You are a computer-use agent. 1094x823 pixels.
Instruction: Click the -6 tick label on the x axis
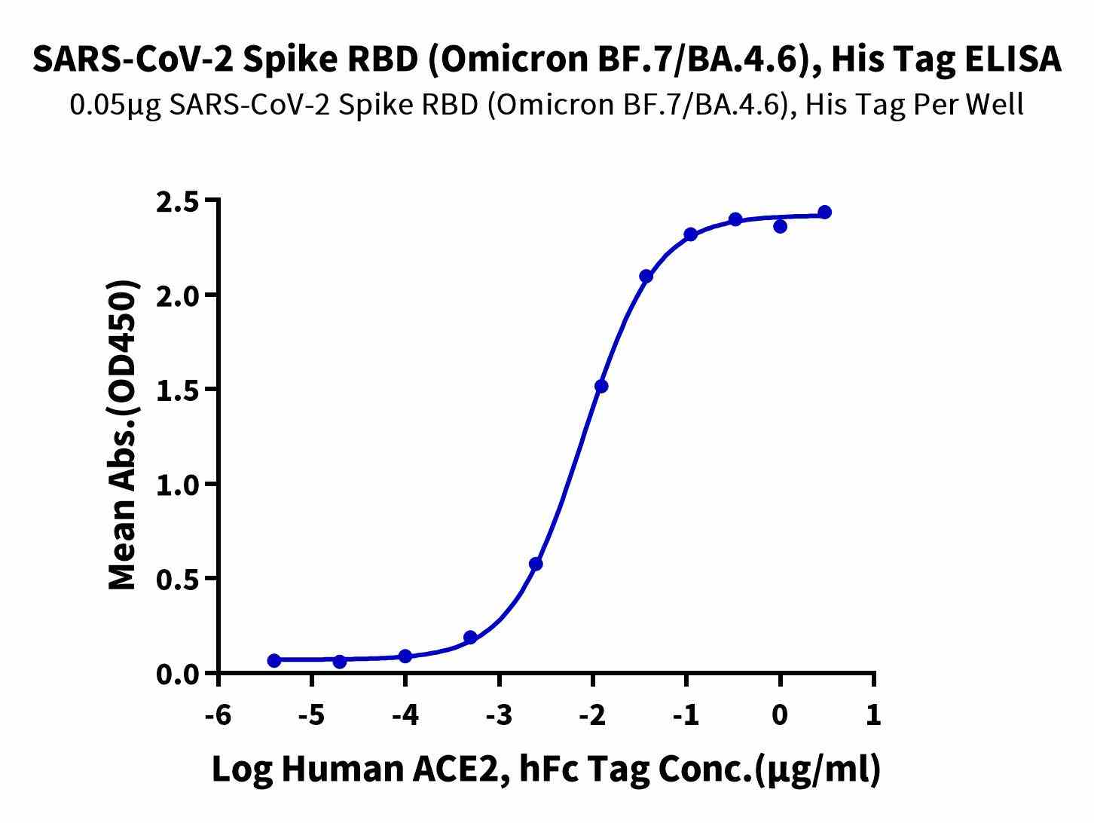[218, 714]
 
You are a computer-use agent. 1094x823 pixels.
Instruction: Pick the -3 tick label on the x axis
[499, 714]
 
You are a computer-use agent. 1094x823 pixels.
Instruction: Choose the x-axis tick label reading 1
[873, 714]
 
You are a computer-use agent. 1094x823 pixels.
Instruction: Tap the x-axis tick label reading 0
[780, 714]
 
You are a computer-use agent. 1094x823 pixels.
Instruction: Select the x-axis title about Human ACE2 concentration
[545, 770]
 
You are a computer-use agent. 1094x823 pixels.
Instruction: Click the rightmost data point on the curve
[824, 213]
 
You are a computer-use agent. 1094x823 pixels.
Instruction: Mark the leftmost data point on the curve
[274, 660]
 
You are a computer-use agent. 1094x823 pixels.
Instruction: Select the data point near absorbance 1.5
[601, 387]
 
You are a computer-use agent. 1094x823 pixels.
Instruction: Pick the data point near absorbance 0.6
[536, 564]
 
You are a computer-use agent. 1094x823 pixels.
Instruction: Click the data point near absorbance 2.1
[646, 277]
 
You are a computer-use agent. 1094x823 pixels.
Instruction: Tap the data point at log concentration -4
[405, 656]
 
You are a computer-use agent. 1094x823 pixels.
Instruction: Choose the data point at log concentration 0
[780, 226]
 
